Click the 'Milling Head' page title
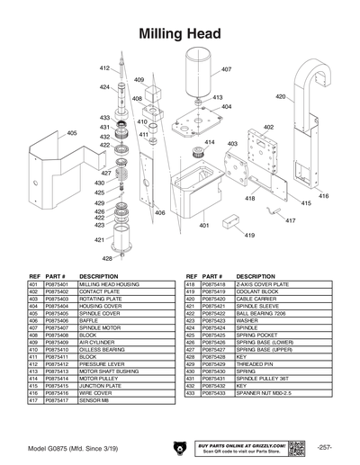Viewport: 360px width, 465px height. pos(180,33)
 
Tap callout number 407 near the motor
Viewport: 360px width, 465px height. pos(226,69)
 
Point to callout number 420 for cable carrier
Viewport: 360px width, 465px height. pos(280,96)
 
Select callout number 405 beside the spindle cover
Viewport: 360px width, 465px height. pos(71,133)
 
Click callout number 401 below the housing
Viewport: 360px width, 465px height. pos(204,226)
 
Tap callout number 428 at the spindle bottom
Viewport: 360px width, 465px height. pos(108,258)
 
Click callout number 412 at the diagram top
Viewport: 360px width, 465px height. pos(103,68)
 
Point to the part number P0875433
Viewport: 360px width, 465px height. pos(214,393)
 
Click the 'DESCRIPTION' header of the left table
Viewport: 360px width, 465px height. pos(98,276)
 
